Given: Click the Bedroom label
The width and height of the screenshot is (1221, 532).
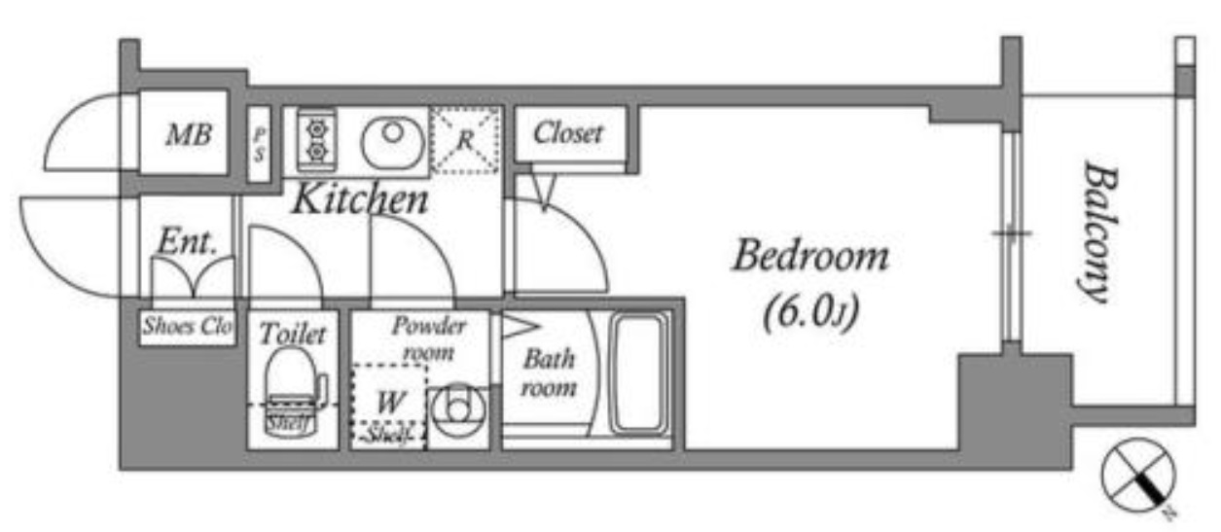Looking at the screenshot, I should click(809, 258).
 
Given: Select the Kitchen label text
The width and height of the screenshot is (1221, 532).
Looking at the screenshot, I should click(360, 200).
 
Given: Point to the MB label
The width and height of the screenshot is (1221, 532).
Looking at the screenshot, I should click(189, 135).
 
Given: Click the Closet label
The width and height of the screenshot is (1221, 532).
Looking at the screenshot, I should click(569, 133).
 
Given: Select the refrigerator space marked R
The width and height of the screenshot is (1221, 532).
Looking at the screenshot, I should click(465, 140).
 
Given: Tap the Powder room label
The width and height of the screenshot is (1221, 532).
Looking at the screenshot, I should click(429, 337).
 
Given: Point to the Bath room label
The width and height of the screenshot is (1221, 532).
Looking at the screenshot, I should click(549, 372).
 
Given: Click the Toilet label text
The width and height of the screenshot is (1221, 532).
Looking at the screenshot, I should click(291, 335).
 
